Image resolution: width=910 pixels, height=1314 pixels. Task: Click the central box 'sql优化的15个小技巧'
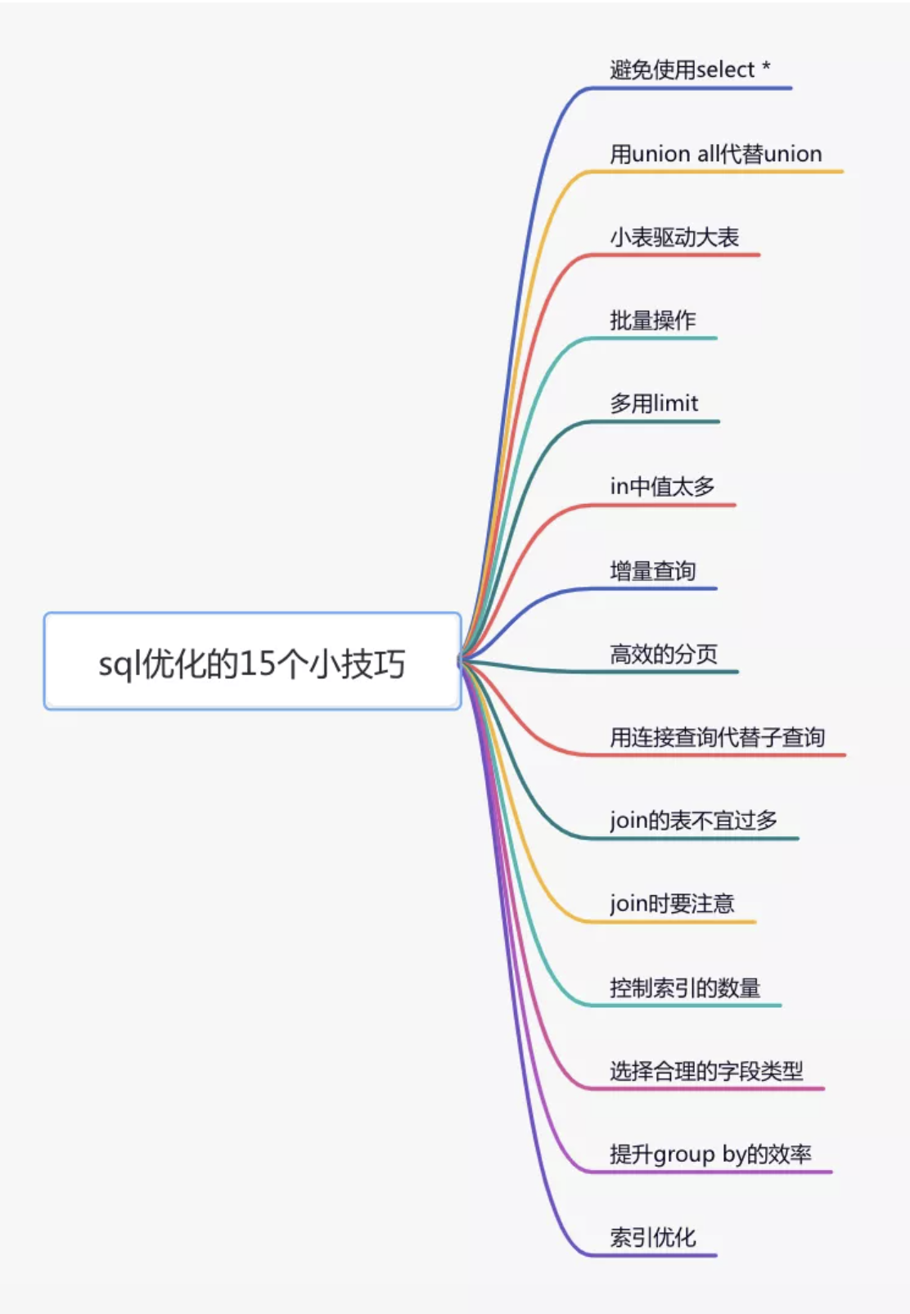[x=252, y=661]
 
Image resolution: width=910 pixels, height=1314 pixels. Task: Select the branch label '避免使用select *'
[x=690, y=70]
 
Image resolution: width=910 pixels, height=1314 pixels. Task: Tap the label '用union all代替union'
[x=716, y=154]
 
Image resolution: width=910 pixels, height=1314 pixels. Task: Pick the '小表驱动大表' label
[x=674, y=237]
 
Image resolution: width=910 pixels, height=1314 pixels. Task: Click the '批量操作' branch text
[x=652, y=320]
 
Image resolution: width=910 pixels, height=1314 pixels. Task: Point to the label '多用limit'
[x=654, y=403]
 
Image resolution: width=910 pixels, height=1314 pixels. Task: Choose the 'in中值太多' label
[x=662, y=487]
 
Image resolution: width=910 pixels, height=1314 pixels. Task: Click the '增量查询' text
[x=652, y=571]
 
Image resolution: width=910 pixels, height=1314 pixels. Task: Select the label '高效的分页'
[x=664, y=654]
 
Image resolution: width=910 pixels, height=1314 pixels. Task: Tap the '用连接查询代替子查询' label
[x=718, y=737]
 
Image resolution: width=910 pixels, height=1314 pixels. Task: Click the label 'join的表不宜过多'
[x=693, y=821]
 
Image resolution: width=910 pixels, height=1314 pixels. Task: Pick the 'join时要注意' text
[x=672, y=904]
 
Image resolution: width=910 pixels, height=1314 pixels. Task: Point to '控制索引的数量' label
[x=685, y=988]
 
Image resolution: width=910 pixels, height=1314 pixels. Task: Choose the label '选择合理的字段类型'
[x=706, y=1071]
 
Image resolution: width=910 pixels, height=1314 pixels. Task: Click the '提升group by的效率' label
[x=710, y=1154]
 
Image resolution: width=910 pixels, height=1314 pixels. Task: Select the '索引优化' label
[x=652, y=1238]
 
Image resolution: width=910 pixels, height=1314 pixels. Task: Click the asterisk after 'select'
[x=766, y=66]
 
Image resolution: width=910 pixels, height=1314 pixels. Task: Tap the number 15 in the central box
[x=258, y=664]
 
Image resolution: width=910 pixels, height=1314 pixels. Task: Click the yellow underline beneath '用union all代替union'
[x=714, y=171]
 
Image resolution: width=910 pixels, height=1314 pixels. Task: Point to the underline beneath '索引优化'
[x=651, y=1255]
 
